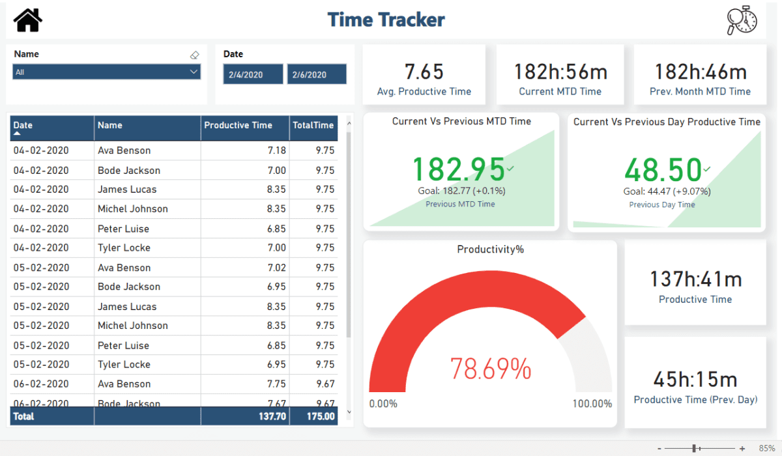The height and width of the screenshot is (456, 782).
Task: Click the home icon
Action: [28, 20]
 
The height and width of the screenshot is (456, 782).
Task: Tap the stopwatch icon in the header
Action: [742, 20]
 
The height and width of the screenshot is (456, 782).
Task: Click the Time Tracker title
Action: [386, 20]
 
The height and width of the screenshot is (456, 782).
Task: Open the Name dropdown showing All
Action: [106, 72]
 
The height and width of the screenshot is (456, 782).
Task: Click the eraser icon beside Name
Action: [194, 55]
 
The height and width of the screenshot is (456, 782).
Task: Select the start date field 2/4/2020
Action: [253, 74]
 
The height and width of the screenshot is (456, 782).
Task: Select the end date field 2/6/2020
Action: [316, 74]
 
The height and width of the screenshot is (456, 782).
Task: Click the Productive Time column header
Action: [239, 125]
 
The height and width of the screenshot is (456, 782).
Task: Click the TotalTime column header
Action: [313, 125]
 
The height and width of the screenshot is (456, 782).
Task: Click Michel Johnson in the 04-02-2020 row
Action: [133, 209]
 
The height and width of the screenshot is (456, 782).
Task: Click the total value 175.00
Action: [321, 416]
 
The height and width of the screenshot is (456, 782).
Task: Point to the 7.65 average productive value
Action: [424, 72]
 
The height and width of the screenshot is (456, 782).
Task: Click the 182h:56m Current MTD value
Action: [560, 72]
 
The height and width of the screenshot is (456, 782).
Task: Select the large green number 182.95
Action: [458, 169]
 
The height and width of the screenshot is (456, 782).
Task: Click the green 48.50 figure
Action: [663, 170]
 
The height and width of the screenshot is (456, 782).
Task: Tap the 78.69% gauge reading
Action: [490, 369]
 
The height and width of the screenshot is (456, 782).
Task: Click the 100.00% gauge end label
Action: [592, 404]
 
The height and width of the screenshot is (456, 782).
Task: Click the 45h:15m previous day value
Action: [695, 379]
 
